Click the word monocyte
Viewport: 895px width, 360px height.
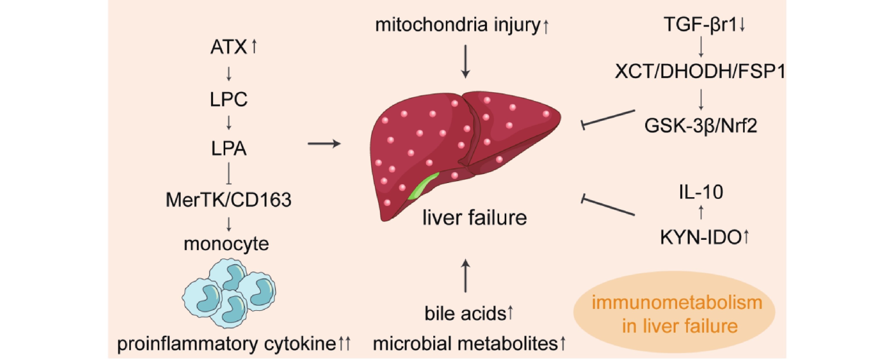[226, 244]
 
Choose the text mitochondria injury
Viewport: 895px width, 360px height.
[458, 25]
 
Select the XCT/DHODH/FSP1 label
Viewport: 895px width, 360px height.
[700, 72]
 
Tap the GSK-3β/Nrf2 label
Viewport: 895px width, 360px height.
[700, 125]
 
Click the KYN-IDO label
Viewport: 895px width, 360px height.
[700, 238]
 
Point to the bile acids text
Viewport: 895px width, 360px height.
[465, 313]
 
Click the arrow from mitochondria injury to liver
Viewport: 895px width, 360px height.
[466, 61]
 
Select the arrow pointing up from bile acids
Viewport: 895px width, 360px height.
[466, 276]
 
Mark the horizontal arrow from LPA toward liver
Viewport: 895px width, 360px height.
[324, 143]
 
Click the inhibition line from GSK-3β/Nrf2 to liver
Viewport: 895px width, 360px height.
[608, 118]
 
